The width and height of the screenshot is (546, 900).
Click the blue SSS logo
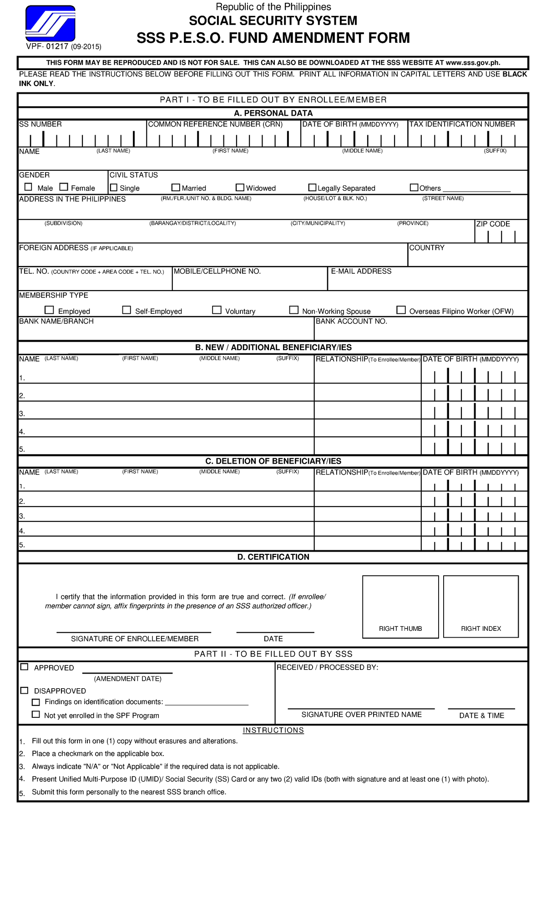[50, 23]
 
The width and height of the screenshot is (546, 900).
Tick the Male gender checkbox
[28, 187]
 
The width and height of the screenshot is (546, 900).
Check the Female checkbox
[64, 187]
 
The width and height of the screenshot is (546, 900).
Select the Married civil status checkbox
[176, 187]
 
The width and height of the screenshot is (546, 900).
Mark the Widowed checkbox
[240, 187]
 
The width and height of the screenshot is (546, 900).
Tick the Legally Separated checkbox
[312, 187]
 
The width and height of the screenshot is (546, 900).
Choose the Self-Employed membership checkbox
[126, 310]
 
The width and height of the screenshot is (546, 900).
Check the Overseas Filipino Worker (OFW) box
[401, 310]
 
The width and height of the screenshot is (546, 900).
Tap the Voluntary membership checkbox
[217, 310]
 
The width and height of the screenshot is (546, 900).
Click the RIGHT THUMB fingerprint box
[400, 606]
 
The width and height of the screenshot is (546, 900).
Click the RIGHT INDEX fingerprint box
[481, 606]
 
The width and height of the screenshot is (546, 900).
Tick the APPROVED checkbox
[25, 667]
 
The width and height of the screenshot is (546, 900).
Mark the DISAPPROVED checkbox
[25, 690]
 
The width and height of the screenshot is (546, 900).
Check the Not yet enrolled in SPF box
[35, 714]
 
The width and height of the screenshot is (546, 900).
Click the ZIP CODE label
[493, 224]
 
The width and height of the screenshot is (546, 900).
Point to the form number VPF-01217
[47, 46]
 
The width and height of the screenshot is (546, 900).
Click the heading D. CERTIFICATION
[273, 557]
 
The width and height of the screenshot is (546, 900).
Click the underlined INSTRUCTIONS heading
[273, 731]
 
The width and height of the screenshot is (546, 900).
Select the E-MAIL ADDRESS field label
[361, 271]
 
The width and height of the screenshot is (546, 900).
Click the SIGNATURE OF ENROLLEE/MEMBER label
[135, 639]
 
